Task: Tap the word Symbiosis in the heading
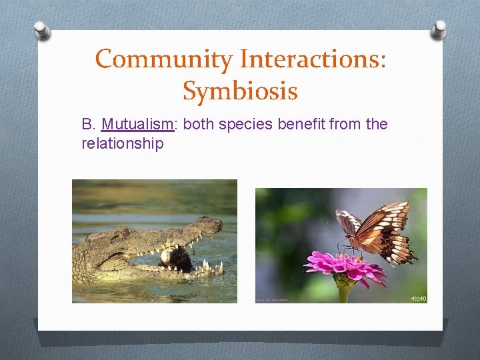click(x=240, y=91)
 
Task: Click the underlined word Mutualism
click(x=137, y=124)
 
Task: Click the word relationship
click(x=122, y=143)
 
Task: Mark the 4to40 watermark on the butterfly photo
click(x=417, y=298)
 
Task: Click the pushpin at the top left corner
click(x=41, y=29)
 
